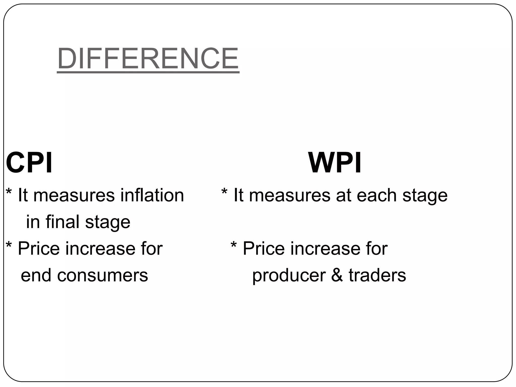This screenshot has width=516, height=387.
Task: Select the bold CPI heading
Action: coord(29,163)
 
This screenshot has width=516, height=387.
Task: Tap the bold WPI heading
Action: coord(335,163)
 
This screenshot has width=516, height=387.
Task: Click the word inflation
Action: coord(152,195)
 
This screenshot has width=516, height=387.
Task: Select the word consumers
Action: coord(103,275)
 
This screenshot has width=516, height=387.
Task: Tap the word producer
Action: coord(289,276)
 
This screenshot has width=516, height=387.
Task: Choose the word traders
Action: coord(377,275)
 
